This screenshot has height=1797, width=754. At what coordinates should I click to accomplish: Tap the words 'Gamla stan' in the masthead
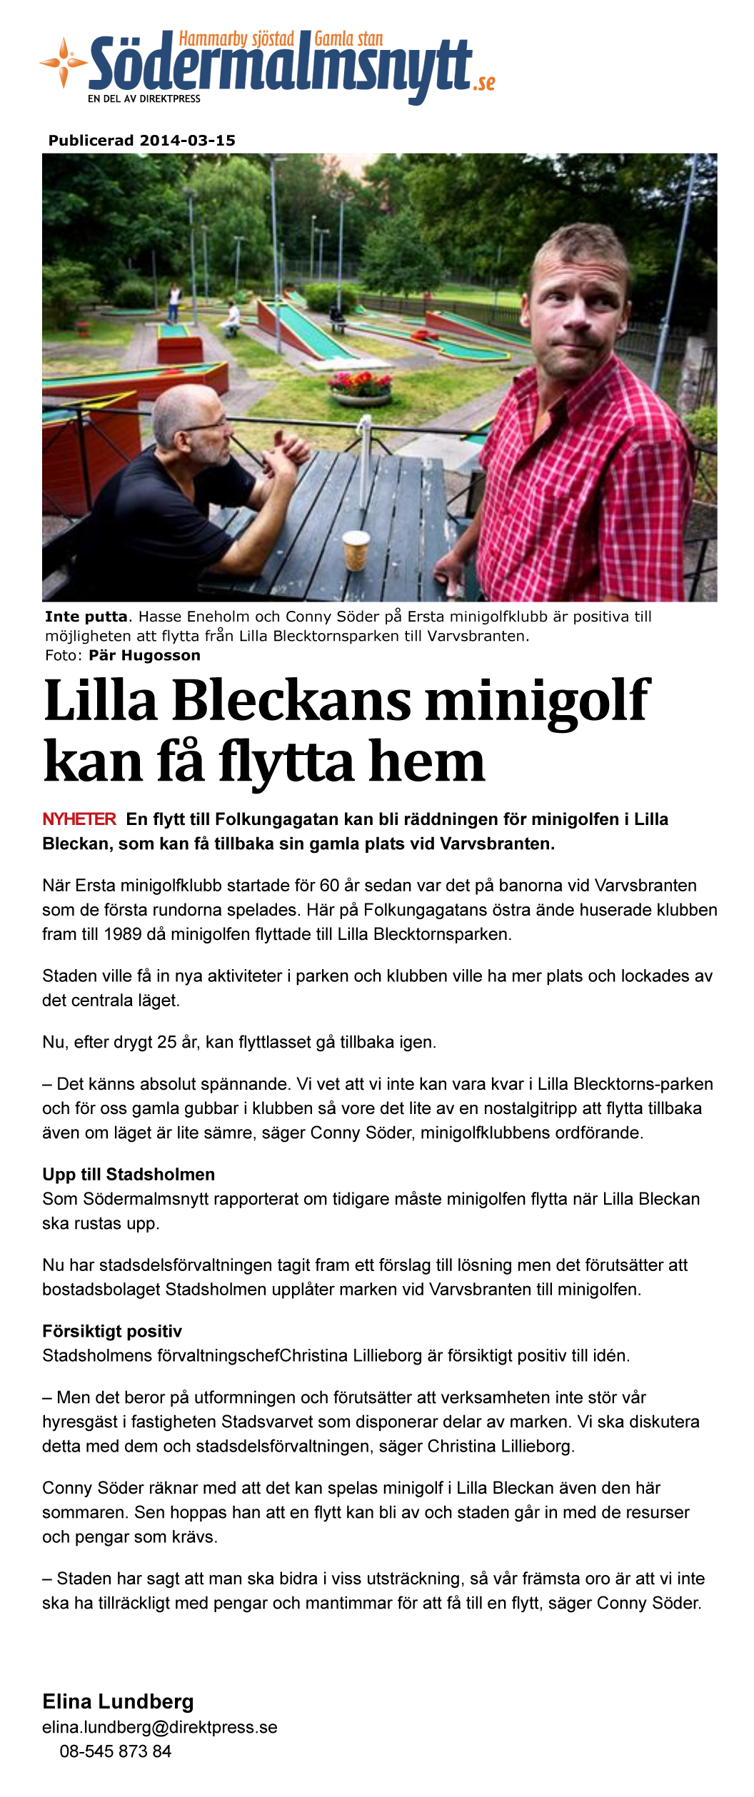(x=348, y=39)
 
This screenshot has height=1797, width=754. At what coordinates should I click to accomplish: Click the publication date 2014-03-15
(x=188, y=141)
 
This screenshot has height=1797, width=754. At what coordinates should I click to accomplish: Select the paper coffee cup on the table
(x=356, y=550)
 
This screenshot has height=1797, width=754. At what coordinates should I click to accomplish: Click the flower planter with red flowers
(x=360, y=390)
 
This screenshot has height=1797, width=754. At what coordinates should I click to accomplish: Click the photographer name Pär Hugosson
(x=144, y=655)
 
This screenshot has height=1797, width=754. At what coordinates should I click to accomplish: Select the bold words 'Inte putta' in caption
(x=86, y=617)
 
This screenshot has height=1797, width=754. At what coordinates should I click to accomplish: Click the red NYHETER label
(x=79, y=819)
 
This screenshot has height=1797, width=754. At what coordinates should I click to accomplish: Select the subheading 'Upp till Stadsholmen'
(x=129, y=1175)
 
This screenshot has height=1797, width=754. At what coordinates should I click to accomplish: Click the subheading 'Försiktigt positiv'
(x=112, y=1331)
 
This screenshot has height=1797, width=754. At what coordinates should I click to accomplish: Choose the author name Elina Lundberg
(x=118, y=1701)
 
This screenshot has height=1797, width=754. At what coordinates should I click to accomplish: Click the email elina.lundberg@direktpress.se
(x=160, y=1727)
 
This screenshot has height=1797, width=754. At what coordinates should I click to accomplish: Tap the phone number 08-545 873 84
(x=116, y=1751)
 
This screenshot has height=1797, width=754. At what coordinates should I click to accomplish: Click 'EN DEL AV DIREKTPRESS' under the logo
(x=144, y=99)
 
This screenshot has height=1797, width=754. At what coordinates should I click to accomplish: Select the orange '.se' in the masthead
(x=484, y=83)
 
